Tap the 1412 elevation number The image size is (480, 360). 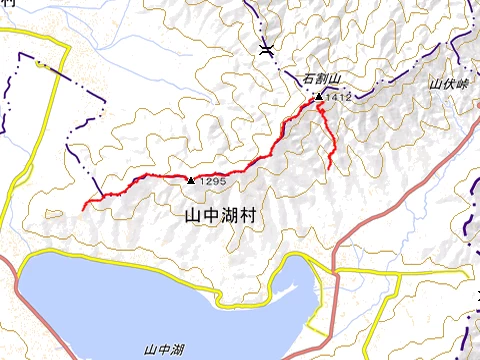click(x=339, y=98)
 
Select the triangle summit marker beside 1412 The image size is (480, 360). click(x=319, y=97)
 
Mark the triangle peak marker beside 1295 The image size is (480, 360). click(x=191, y=180)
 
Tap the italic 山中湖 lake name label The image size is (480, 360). click(x=163, y=349)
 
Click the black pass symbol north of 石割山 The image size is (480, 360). click(x=265, y=48)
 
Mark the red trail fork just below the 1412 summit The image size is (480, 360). click(x=317, y=106)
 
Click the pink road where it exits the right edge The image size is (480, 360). click(x=477, y=141)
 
